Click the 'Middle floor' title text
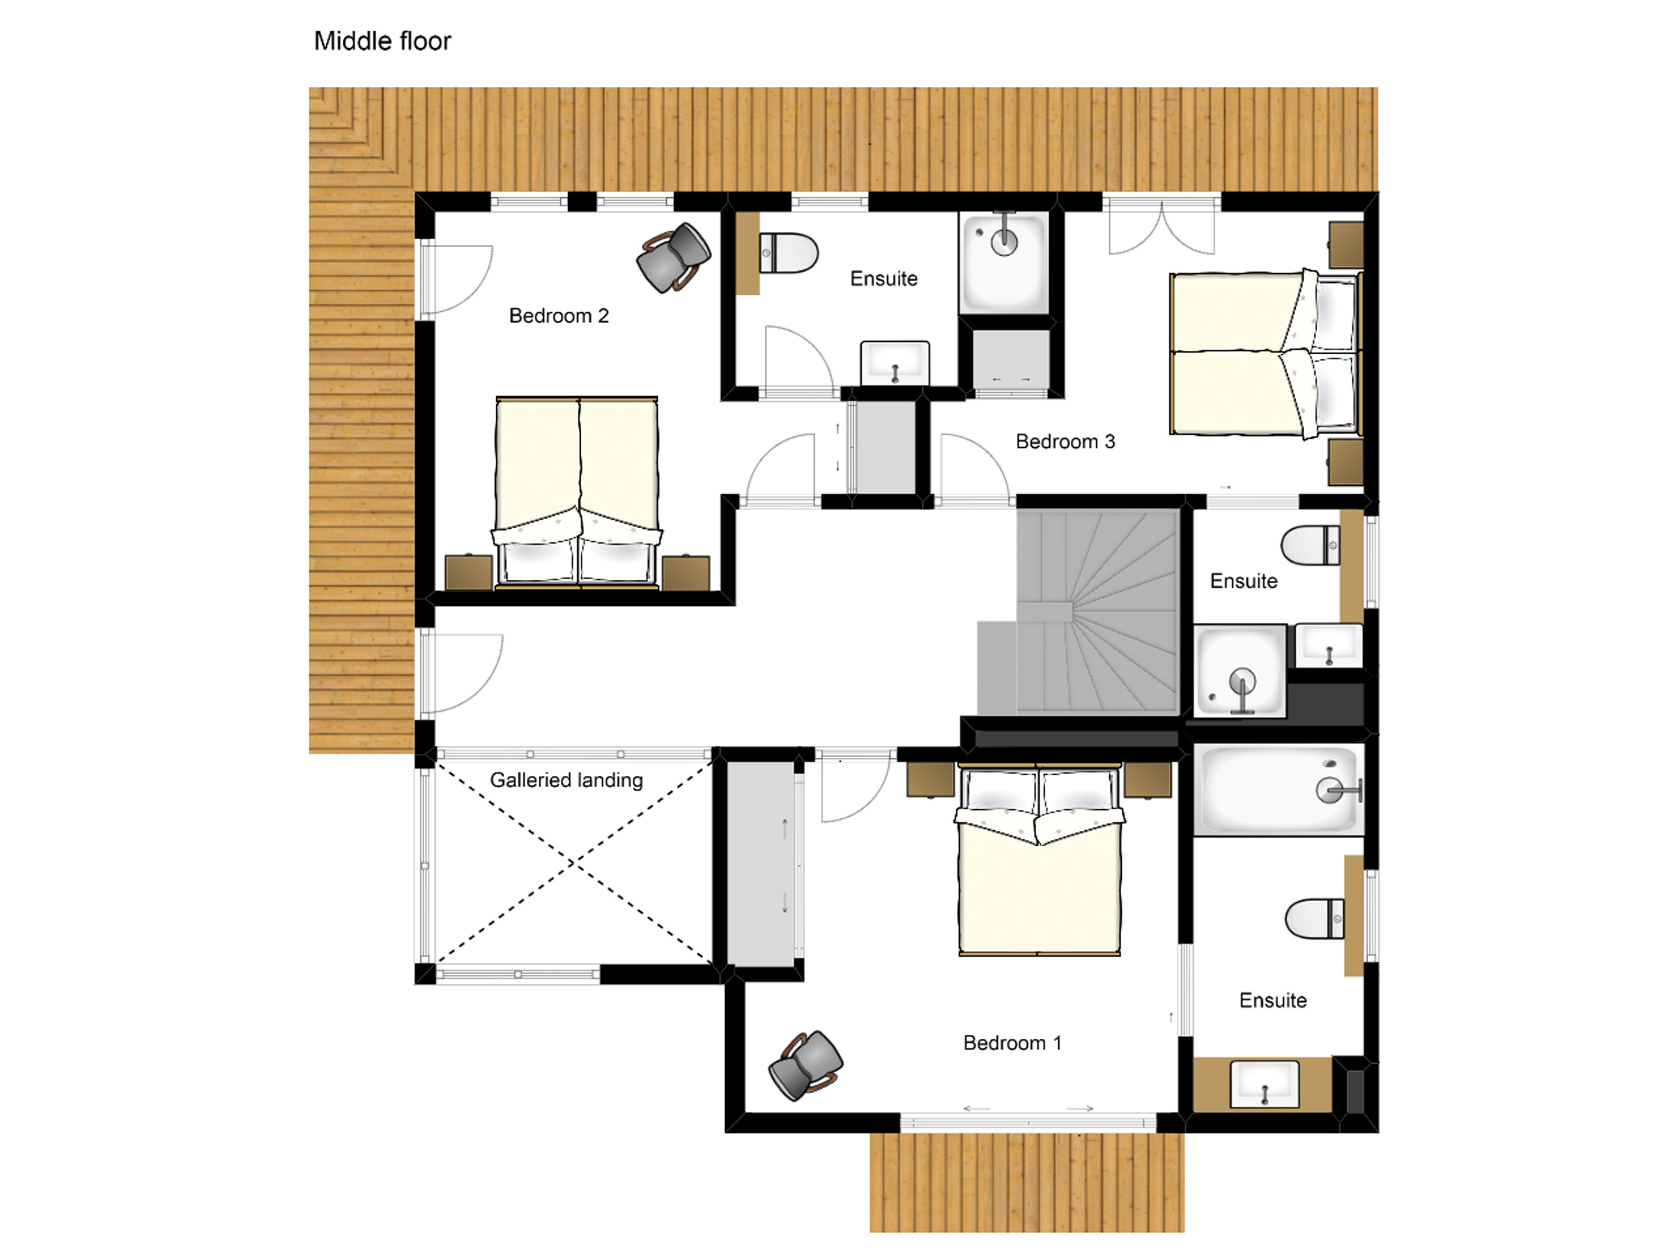[382, 41]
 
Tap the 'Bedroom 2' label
[559, 316]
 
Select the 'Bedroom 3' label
[1065, 442]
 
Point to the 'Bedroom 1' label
[1012, 1043]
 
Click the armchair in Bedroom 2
[673, 257]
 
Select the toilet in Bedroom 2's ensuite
[788, 253]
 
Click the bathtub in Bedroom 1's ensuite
[1279, 789]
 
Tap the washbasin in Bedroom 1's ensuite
[1264, 1084]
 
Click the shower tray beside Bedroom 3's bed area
[1004, 263]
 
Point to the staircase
[1097, 612]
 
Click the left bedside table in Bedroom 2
[468, 573]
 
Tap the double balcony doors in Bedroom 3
[1161, 225]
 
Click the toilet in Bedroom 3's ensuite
[1310, 545]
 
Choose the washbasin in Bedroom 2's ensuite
[895, 363]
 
